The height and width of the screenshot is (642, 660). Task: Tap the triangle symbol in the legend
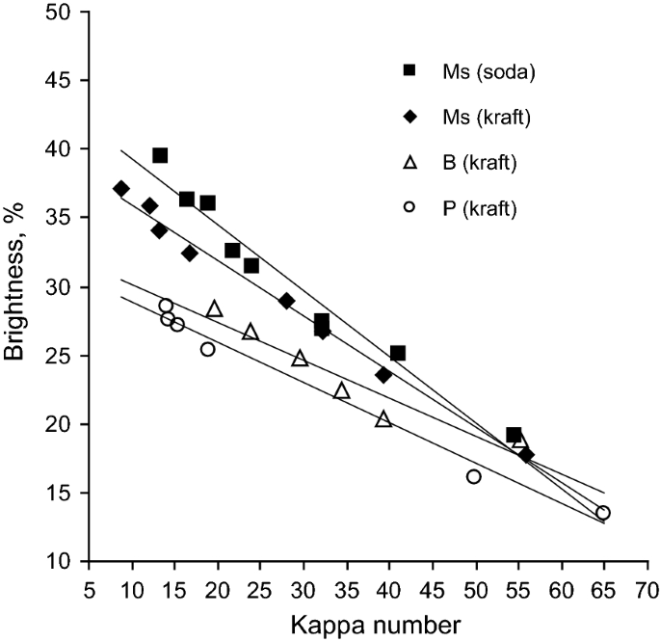409,163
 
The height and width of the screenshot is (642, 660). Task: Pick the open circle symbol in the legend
409,208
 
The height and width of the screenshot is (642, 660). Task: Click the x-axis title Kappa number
367,625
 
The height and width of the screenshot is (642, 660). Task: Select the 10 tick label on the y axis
63,562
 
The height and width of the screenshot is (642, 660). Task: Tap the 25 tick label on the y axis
63,356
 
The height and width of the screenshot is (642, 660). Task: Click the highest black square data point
160,155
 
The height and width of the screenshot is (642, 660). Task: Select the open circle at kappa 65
603,513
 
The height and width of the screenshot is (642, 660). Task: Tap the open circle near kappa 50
474,476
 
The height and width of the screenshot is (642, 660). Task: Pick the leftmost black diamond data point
121,189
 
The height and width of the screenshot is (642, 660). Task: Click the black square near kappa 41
398,353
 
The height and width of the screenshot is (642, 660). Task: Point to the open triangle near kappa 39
383,419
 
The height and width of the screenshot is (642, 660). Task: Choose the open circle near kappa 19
207,349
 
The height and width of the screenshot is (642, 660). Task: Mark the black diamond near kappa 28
286,301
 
